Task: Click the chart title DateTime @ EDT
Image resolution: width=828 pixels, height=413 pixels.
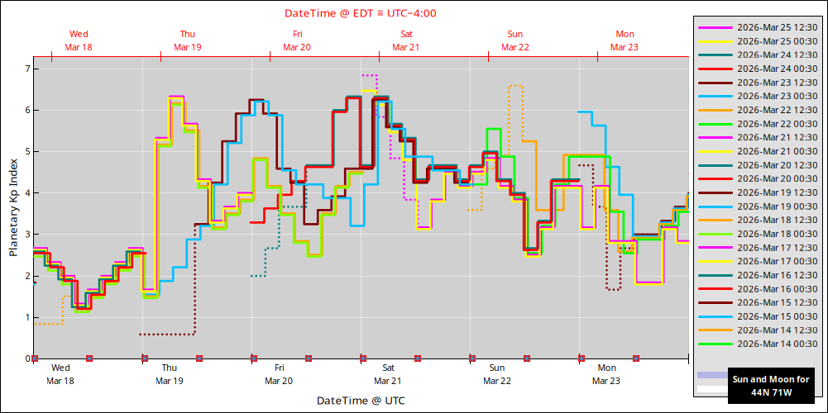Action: [x=361, y=13]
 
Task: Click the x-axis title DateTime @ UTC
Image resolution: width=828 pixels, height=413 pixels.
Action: [x=361, y=401]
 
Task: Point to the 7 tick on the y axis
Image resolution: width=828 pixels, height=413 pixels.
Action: [x=26, y=69]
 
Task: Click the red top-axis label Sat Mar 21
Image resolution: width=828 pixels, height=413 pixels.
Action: [x=406, y=40]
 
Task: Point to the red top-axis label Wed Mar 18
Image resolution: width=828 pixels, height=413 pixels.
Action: [x=79, y=40]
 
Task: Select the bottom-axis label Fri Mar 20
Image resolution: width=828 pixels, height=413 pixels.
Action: [x=279, y=374]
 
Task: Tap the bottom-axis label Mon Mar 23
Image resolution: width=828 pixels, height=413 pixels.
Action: [x=606, y=374]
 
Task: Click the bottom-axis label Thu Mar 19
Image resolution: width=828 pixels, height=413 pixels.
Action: [x=169, y=374]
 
